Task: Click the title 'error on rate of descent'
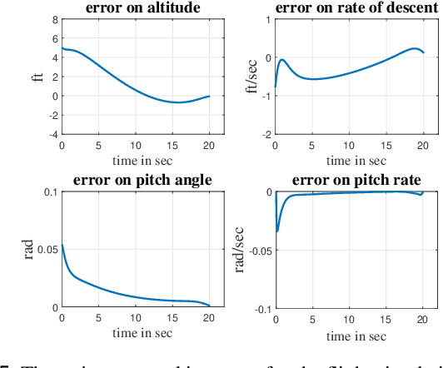(x=353, y=9)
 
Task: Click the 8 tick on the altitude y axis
(x=53, y=19)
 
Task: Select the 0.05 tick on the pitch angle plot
(x=45, y=250)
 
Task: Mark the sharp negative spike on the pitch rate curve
(x=277, y=231)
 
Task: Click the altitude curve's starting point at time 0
(x=62, y=48)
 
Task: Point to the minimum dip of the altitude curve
(x=178, y=102)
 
